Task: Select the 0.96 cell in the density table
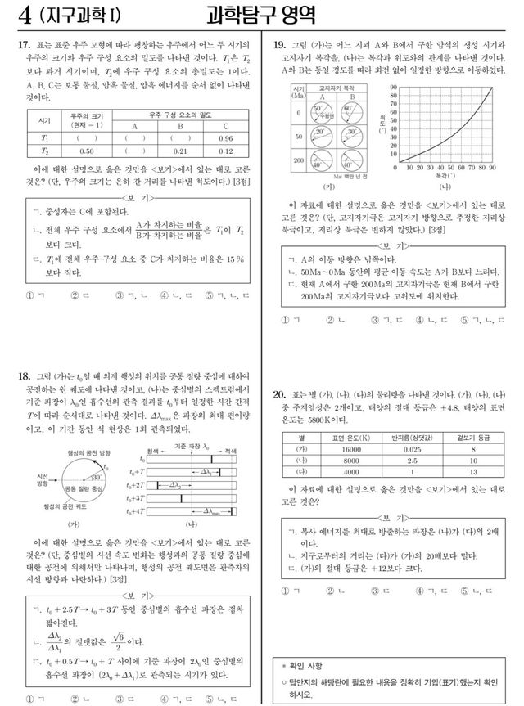(226, 138)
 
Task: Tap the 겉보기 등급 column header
(472, 436)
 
